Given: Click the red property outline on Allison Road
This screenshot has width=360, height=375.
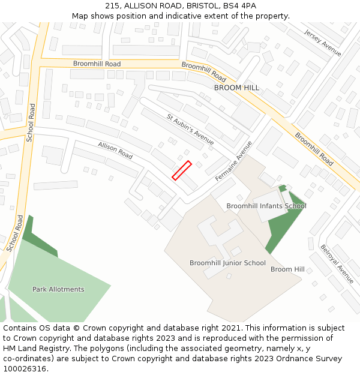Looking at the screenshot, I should pyautogui.click(x=182, y=170).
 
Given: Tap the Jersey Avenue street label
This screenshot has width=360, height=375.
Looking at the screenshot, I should pyautogui.click(x=322, y=43).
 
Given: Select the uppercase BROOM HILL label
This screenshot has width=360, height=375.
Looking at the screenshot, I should pyautogui.click(x=236, y=88).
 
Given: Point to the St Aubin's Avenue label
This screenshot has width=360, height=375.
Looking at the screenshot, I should pyautogui.click(x=190, y=130).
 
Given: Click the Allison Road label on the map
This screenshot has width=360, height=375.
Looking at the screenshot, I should pyautogui.click(x=115, y=150).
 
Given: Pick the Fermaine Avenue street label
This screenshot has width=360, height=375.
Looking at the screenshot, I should pyautogui.click(x=234, y=161).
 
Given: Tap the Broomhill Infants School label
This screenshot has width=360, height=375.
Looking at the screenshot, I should pyautogui.click(x=266, y=206).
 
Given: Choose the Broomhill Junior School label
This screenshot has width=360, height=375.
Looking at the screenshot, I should pyautogui.click(x=227, y=263).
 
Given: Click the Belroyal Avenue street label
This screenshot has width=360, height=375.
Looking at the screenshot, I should pyautogui.click(x=337, y=263).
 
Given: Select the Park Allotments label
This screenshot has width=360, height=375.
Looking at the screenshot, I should pyautogui.click(x=58, y=289).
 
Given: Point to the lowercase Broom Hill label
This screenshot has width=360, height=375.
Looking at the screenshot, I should pyautogui.click(x=287, y=269).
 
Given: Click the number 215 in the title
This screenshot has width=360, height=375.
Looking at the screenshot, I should pyautogui.click(x=113, y=5).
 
